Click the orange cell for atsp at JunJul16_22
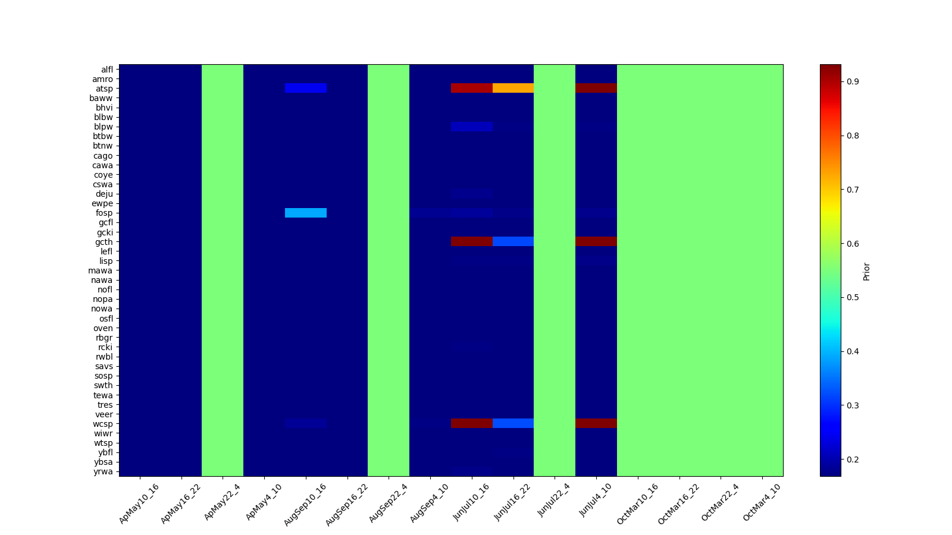pyautogui.click(x=513, y=88)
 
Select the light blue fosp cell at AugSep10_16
pyautogui.click(x=305, y=213)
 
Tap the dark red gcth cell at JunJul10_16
pyautogui.click(x=471, y=241)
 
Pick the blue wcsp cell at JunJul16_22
pyautogui.click(x=513, y=423)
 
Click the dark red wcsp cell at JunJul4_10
pyautogui.click(x=596, y=423)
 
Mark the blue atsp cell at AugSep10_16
pyautogui.click(x=305, y=88)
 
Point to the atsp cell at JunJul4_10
pyautogui.click(x=596, y=88)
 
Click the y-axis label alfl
pyautogui.click(x=107, y=70)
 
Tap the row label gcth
pyautogui.click(x=104, y=242)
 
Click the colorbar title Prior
pyautogui.click(x=866, y=271)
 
